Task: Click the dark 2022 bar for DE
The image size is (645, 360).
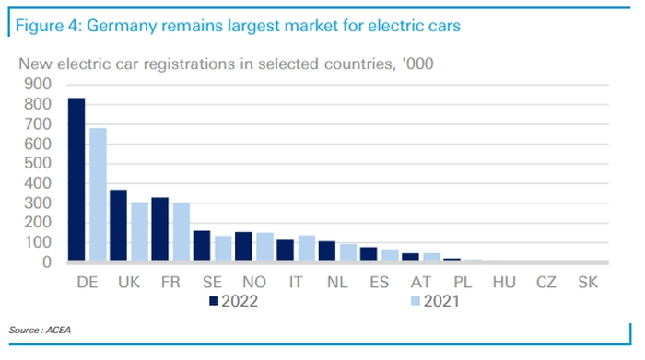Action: point(76,180)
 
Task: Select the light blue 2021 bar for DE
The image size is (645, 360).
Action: point(98,194)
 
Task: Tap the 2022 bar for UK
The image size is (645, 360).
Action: point(119,225)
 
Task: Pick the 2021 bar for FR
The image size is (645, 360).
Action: point(182,231)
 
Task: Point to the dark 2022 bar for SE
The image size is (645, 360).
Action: point(202,245)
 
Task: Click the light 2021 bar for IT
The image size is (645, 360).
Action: point(307,248)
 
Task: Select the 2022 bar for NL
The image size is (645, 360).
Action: point(327,250)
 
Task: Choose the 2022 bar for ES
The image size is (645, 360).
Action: point(369,253)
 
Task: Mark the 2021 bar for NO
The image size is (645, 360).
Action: point(265,247)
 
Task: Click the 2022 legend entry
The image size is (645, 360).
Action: point(234,301)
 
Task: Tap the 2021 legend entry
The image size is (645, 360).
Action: point(435,301)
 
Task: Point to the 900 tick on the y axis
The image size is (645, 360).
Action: point(38,85)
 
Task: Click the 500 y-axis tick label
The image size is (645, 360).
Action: point(38,163)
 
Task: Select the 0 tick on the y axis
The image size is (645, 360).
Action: point(47,262)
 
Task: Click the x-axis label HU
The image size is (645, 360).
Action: point(504,283)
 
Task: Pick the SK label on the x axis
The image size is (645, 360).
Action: point(588,283)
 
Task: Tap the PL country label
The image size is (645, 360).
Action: point(463,283)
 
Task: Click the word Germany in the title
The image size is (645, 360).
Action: point(123,27)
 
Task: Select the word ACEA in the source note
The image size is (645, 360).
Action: point(58,330)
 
